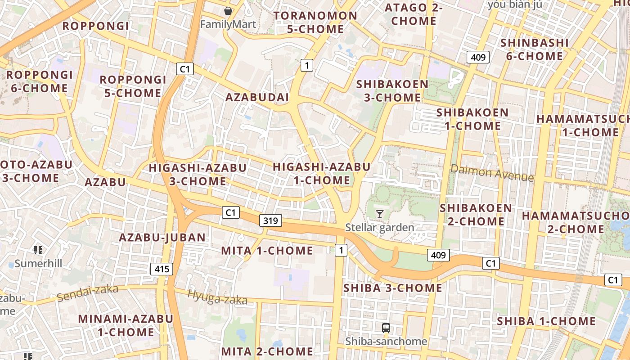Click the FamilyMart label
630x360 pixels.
coord(228,24)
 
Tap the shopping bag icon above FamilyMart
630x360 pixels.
coord(228,10)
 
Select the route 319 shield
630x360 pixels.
coord(270,220)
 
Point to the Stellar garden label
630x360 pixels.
coord(379,227)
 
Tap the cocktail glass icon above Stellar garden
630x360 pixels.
coord(380,214)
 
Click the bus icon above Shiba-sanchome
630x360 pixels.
coord(386,328)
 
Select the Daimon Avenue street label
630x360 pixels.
coord(492,173)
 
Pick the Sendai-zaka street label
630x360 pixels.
coord(87,293)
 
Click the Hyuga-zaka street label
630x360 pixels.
coord(217,297)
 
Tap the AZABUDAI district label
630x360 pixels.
coord(257,98)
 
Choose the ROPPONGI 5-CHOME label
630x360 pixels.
coord(130,86)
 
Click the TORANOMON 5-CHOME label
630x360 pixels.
coord(315,22)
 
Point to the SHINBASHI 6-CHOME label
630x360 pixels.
coord(534,49)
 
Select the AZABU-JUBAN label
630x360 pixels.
coord(162,238)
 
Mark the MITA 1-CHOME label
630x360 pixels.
coord(267,251)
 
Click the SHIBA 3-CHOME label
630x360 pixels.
coord(392,288)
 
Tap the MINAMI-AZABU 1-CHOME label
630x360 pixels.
coord(126,325)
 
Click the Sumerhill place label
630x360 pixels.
coord(38,263)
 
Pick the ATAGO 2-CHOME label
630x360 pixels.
coord(414,14)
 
